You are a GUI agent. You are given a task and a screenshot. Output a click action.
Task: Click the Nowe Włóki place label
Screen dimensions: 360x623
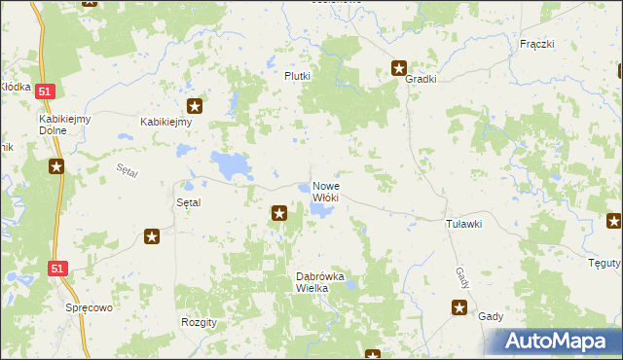pyautogui.click(x=325, y=191)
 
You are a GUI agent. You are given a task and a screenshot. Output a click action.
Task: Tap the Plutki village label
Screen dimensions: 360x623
pyautogui.click(x=297, y=76)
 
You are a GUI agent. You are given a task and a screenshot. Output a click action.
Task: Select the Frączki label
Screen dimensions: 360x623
pyautogui.click(x=536, y=44)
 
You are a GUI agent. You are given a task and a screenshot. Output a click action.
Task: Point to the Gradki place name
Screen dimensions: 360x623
pyautogui.click(x=421, y=80)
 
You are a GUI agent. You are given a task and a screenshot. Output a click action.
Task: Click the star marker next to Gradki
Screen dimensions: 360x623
pyautogui.click(x=399, y=68)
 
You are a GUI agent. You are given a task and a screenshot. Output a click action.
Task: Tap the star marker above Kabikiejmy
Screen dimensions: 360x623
pyautogui.click(x=195, y=107)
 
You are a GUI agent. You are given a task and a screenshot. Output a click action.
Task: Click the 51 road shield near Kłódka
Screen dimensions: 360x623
pyautogui.click(x=46, y=90)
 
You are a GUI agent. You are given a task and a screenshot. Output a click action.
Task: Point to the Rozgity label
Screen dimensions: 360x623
pyautogui.click(x=199, y=321)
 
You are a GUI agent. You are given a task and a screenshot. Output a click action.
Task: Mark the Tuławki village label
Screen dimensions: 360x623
pyautogui.click(x=463, y=224)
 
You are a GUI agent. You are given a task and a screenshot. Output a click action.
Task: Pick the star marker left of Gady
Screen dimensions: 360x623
pyautogui.click(x=459, y=308)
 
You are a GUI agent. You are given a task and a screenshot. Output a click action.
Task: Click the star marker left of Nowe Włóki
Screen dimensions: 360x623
pyautogui.click(x=279, y=212)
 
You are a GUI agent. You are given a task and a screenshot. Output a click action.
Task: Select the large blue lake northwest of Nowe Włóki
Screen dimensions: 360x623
pyautogui.click(x=230, y=165)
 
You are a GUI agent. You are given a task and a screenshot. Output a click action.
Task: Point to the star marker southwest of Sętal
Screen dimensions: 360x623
pyautogui.click(x=152, y=235)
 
